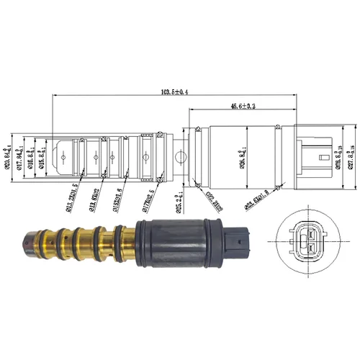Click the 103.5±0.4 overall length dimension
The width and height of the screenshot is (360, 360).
(171, 92)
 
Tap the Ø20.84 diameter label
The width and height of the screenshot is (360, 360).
(9, 156)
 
